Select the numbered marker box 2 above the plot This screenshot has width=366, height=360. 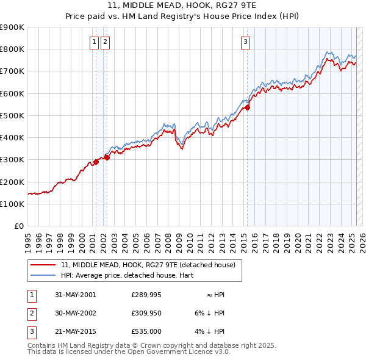tap(106, 42)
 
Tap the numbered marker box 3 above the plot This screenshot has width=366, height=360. tap(245, 42)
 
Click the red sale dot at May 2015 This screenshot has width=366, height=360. tap(247, 108)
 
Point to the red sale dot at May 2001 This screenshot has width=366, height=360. tap(96, 162)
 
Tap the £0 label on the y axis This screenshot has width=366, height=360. tap(18, 226)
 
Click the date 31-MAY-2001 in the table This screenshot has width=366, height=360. tap(75, 295)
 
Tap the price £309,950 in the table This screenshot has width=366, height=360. tap(146, 313)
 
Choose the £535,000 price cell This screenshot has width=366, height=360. tap(146, 331)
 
